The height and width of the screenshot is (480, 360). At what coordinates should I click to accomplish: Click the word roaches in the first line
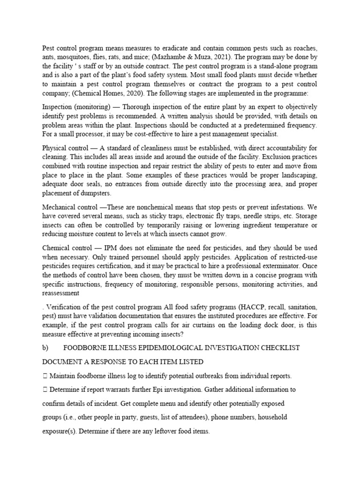(x=305, y=49)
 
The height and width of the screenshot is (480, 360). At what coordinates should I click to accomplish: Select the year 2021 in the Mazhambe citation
(x=218, y=58)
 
